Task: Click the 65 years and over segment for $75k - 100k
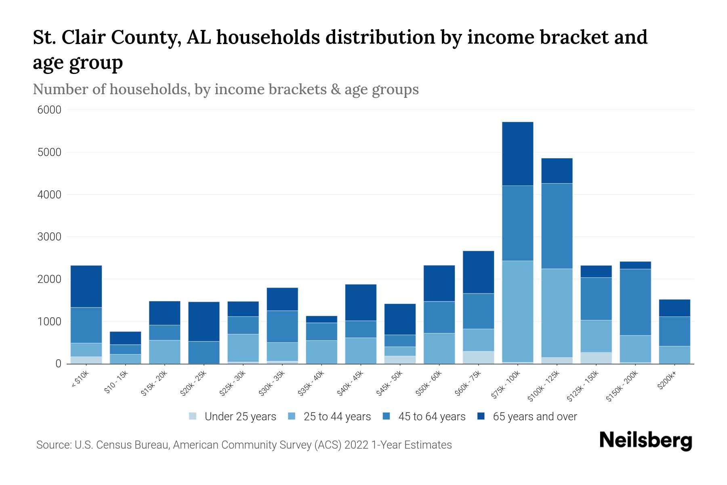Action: [517, 154]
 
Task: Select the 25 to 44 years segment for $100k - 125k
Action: [557, 313]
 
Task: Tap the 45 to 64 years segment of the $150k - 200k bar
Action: [635, 302]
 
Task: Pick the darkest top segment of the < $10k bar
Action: [86, 286]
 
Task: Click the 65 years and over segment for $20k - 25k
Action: [204, 321]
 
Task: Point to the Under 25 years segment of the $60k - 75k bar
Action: [478, 357]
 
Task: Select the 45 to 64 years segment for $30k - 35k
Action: [282, 326]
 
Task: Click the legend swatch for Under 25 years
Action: [193, 416]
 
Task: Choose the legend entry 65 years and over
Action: [535, 416]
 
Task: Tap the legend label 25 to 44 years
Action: [337, 416]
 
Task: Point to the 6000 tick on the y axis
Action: [49, 110]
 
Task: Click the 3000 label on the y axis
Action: [49, 237]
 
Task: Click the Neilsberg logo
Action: [645, 441]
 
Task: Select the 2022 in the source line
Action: [356, 445]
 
